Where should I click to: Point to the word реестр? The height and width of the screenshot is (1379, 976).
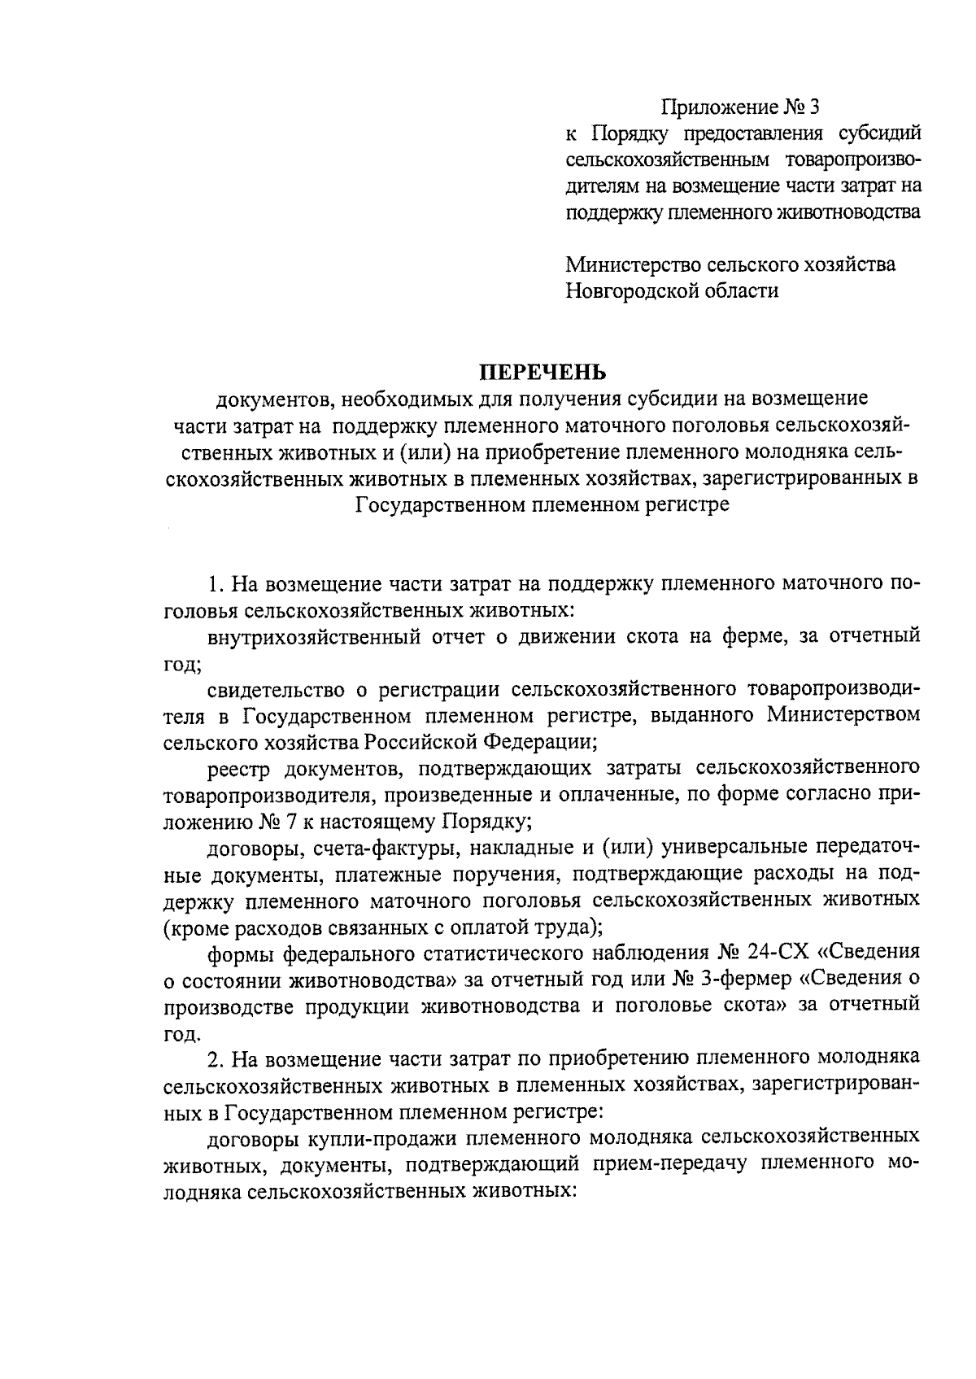pyautogui.click(x=241, y=767)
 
